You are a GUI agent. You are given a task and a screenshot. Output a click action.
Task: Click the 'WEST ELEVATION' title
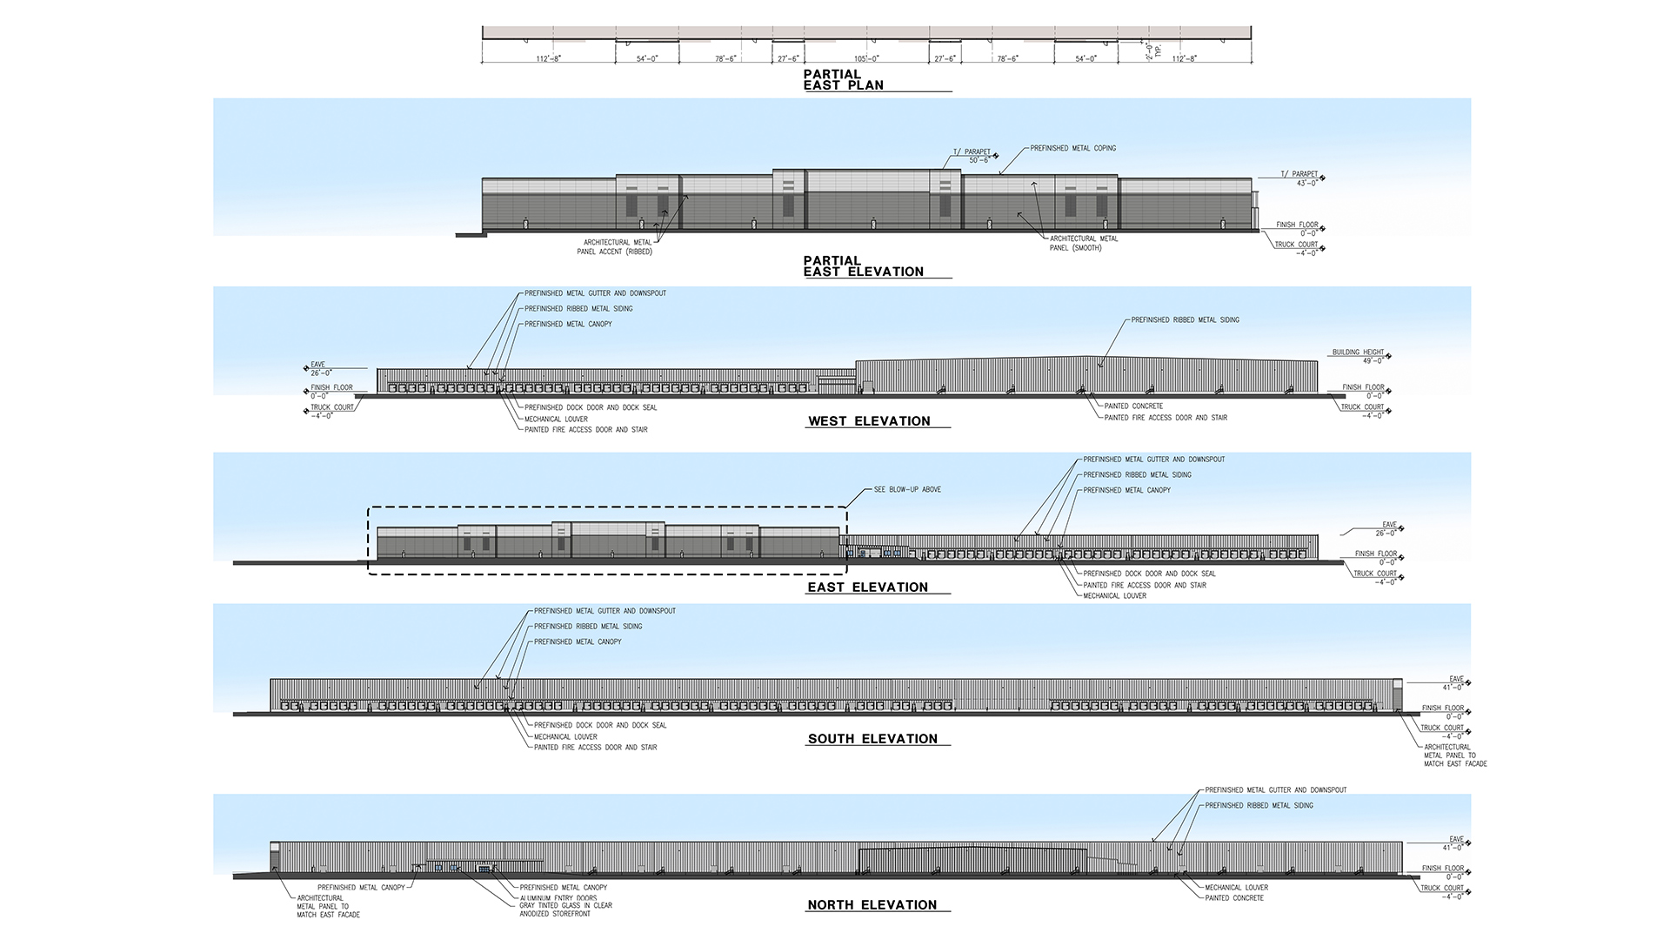(x=869, y=421)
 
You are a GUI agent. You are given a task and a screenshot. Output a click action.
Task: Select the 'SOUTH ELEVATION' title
(x=872, y=739)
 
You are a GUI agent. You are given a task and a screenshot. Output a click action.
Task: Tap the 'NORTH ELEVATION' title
(x=872, y=905)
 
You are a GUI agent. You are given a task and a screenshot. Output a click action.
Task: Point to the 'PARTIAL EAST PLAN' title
(x=843, y=80)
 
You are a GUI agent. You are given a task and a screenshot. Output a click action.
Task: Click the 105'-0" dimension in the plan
(x=867, y=59)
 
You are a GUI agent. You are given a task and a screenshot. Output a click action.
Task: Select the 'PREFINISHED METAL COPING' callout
(x=1072, y=149)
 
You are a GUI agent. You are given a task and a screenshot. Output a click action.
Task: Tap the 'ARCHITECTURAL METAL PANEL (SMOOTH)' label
(x=1084, y=243)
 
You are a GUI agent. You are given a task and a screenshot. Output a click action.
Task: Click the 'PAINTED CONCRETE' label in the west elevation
(x=1133, y=406)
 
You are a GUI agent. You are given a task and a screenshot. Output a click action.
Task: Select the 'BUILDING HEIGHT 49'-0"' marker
(x=1357, y=356)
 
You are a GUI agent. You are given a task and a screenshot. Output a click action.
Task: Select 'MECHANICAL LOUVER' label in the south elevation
(x=565, y=736)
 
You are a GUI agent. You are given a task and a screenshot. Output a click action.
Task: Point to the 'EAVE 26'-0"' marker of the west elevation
(x=321, y=369)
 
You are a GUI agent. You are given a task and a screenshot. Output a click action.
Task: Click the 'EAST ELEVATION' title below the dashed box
(x=867, y=587)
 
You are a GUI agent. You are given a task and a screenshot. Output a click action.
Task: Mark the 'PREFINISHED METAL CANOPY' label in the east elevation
(x=1126, y=491)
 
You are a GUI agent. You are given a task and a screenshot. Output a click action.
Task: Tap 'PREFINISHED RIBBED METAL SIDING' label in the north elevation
(x=1259, y=806)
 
